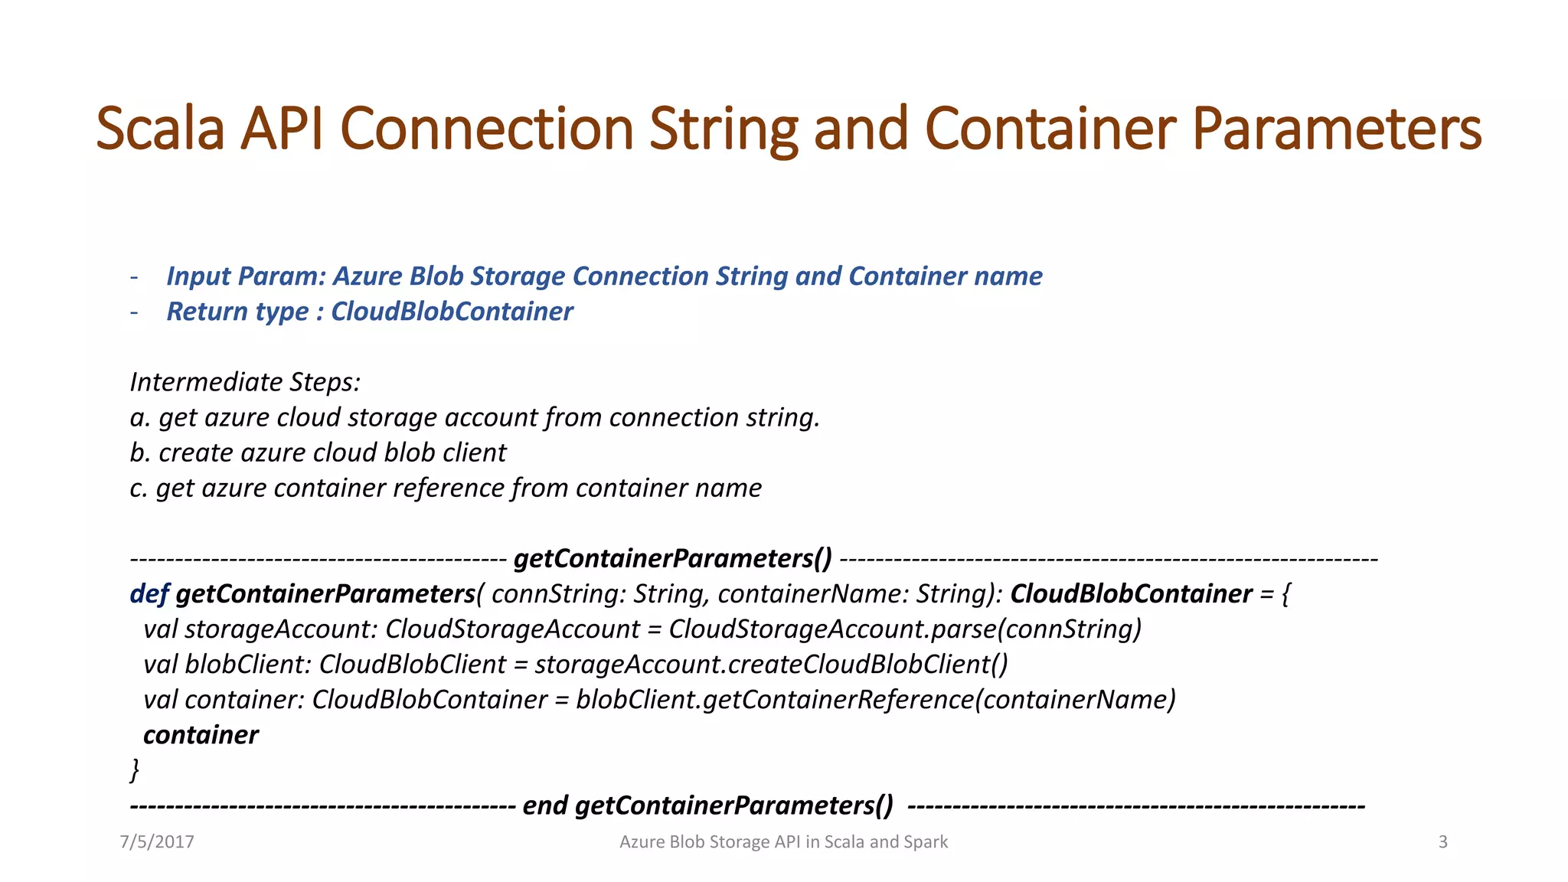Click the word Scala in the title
point(160,129)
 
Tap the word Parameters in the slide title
point(1336,129)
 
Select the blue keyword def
point(149,594)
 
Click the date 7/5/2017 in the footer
point(157,842)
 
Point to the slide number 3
point(1442,842)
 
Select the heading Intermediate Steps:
point(245,382)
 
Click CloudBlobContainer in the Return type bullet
point(452,312)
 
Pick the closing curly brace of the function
point(135,769)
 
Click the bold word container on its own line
point(201,735)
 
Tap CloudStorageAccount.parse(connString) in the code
point(905,629)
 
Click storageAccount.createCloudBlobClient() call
point(772,665)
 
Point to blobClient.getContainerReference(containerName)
point(876,700)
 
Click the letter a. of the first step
point(139,418)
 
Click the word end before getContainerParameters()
point(544,805)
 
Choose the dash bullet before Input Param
point(135,276)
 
